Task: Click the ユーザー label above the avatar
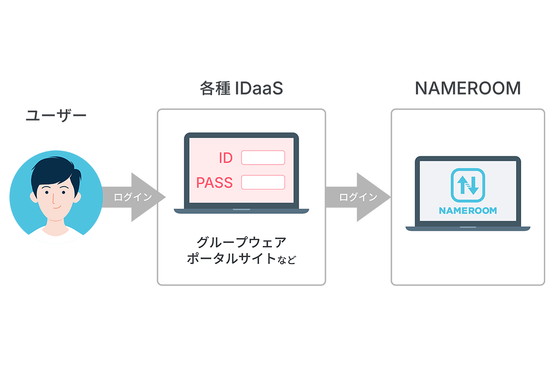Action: pos(56,115)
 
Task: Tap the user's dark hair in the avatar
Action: pos(54,169)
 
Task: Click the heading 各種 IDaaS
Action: pos(241,89)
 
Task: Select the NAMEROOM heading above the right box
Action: pos(468,88)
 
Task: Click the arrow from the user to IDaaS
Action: pos(133,197)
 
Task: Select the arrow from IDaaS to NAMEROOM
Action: pos(358,197)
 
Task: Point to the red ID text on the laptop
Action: pos(225,158)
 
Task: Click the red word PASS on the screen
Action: pos(214,182)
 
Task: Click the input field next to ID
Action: pos(263,157)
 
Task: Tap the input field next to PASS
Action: pos(263,182)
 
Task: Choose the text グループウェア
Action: pos(241,242)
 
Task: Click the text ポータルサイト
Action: pos(231,258)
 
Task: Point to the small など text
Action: pos(287,260)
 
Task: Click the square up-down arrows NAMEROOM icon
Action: pos(468,185)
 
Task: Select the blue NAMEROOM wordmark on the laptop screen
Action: pos(468,211)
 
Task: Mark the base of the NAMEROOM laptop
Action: pos(468,228)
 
